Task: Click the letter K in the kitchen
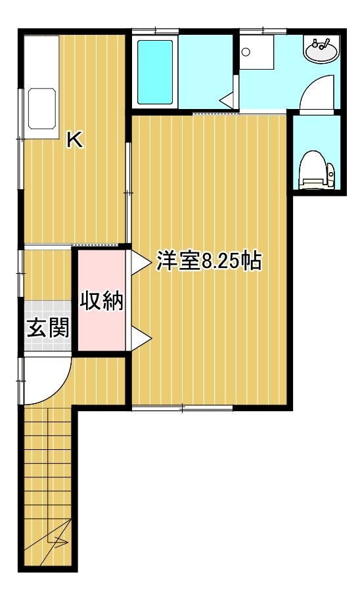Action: [75, 140]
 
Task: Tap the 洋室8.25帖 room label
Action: [209, 261]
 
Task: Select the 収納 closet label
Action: [102, 301]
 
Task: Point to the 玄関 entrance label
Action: [49, 328]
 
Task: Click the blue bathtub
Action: [155, 72]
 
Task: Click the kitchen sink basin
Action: [42, 109]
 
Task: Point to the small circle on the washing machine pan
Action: [246, 51]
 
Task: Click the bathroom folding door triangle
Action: [227, 100]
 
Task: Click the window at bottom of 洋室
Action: [182, 408]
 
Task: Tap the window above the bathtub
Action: [156, 30]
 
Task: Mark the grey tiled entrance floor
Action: [48, 326]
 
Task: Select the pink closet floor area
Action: [102, 300]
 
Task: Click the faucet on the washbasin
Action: [321, 44]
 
